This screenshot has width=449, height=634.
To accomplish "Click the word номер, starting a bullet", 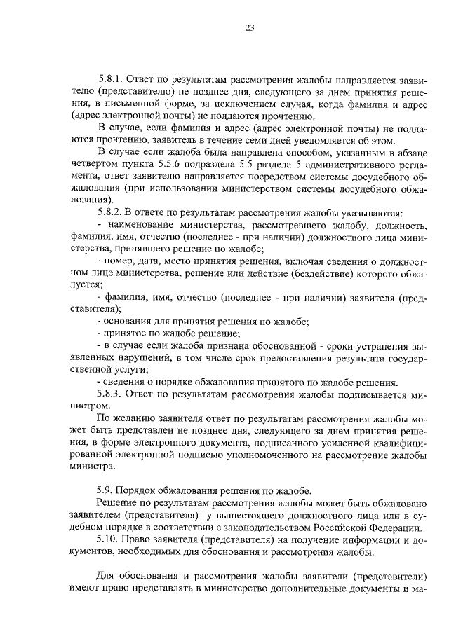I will pyautogui.click(x=121, y=261).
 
